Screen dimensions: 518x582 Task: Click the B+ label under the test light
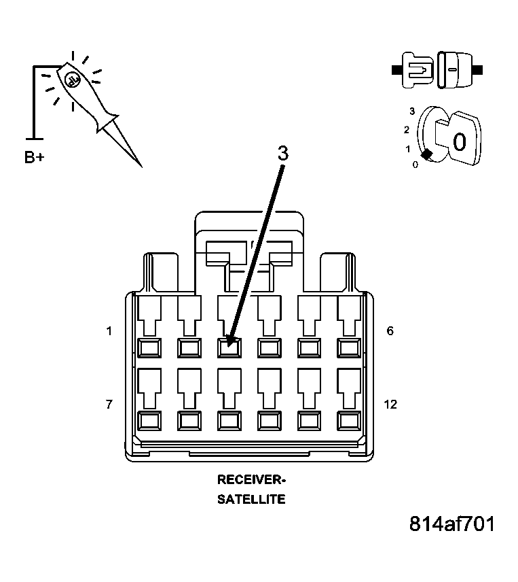[x=34, y=157]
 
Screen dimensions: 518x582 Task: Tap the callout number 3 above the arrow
[x=283, y=153]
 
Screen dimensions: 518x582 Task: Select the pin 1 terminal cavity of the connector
[x=149, y=348]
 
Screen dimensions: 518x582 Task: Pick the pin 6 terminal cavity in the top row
[x=349, y=348]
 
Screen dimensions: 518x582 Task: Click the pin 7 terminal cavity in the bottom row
[x=149, y=421]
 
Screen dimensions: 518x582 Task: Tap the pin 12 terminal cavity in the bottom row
[x=349, y=421]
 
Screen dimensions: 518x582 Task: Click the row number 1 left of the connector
[x=109, y=330]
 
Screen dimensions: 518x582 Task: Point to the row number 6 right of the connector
[x=390, y=330]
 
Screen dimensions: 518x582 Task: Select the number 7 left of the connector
[x=109, y=404]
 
